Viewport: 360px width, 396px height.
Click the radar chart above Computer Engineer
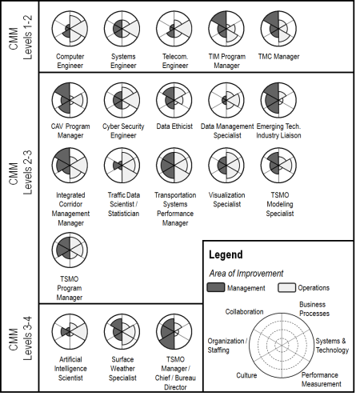(70, 29)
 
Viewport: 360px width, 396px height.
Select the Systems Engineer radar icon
(122, 29)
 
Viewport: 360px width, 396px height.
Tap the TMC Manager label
(278, 57)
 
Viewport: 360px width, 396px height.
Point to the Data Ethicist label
(174, 126)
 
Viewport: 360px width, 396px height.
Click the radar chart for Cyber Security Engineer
(122, 100)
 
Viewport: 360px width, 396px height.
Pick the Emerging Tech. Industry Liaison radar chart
(278, 100)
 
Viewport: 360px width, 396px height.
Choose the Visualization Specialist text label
(226, 199)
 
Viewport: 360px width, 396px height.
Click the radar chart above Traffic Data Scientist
(122, 166)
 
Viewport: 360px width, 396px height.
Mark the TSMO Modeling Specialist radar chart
(278, 166)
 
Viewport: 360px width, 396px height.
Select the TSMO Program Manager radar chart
(70, 250)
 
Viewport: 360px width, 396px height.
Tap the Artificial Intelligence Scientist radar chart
(70, 332)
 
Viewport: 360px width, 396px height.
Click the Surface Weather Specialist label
(122, 369)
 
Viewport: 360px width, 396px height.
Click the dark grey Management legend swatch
(216, 287)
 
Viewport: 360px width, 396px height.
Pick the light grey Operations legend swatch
(286, 287)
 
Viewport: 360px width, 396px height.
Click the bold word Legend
(226, 254)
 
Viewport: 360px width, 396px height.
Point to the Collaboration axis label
(244, 311)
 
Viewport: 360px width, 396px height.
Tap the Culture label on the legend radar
(246, 375)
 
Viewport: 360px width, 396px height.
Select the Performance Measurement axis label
(322, 379)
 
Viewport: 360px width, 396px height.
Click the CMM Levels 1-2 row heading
(21, 38)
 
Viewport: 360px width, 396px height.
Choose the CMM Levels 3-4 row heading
(21, 338)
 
